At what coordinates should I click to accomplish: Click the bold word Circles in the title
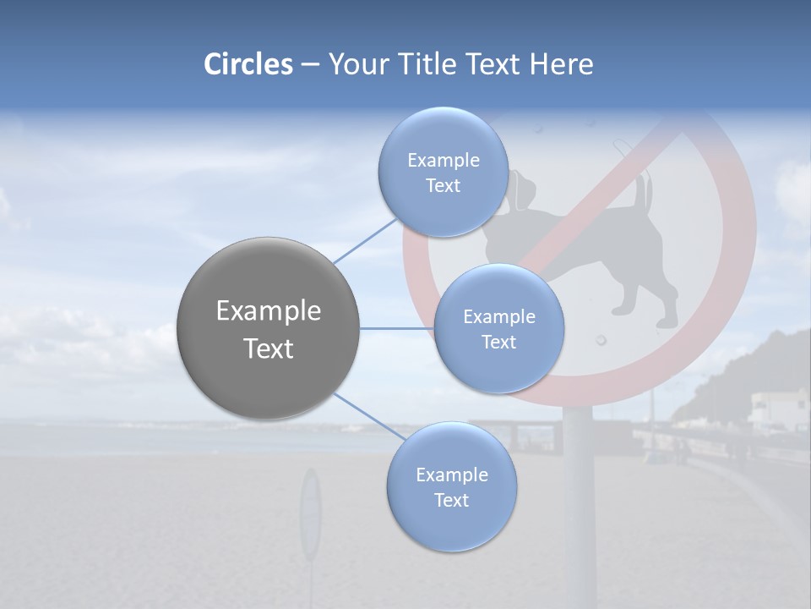point(248,64)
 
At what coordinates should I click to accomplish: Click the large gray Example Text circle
point(269,328)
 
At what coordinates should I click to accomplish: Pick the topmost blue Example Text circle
point(443,172)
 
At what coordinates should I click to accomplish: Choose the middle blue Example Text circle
point(498,328)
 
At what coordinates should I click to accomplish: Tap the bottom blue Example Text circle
point(451,486)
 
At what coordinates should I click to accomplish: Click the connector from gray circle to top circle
point(365,239)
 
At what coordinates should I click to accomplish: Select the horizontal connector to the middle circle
point(397,328)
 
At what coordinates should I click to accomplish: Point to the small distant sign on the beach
point(311,516)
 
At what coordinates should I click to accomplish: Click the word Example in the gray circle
point(269,311)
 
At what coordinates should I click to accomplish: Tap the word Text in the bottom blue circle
point(451,500)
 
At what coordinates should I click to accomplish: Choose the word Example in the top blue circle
point(443,160)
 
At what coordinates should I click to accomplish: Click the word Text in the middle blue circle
point(498,342)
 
